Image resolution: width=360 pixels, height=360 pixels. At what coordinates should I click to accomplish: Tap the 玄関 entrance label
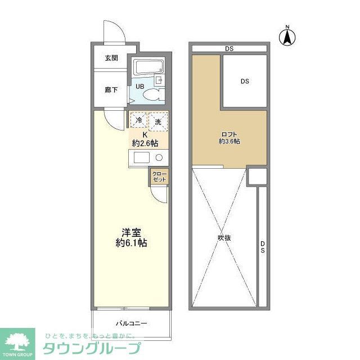click(111, 58)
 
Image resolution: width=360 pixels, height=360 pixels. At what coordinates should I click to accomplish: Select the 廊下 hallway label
click(111, 89)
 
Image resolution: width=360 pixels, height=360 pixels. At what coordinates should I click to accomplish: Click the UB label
click(139, 87)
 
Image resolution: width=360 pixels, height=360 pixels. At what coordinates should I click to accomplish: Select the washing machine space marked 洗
click(158, 121)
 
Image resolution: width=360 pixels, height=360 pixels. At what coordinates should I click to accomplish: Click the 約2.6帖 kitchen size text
click(145, 143)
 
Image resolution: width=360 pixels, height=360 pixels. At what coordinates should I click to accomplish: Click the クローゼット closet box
click(159, 177)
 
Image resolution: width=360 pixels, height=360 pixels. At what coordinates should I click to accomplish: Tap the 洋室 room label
click(132, 232)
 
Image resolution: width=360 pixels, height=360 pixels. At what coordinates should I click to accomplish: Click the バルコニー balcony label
click(132, 323)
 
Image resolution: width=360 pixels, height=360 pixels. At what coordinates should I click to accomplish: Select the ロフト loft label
click(229, 134)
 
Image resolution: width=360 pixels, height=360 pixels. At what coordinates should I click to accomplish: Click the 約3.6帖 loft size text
click(229, 142)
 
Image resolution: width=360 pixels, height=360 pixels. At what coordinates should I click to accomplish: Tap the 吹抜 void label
click(224, 237)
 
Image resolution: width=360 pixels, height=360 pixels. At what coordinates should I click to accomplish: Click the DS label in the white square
click(245, 82)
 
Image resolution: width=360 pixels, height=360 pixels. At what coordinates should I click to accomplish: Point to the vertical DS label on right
click(263, 247)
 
